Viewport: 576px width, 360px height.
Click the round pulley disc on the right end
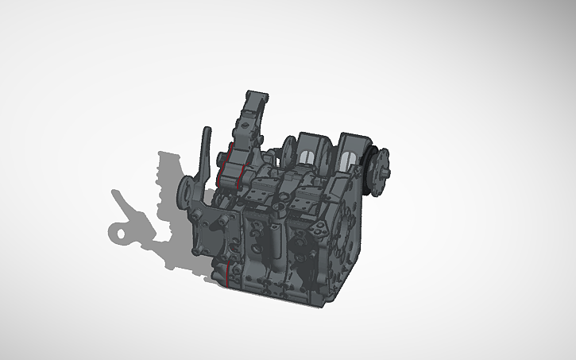tap(381, 169)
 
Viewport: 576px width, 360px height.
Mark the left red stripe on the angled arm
tap(223, 163)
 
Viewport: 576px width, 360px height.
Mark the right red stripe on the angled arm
tap(241, 166)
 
